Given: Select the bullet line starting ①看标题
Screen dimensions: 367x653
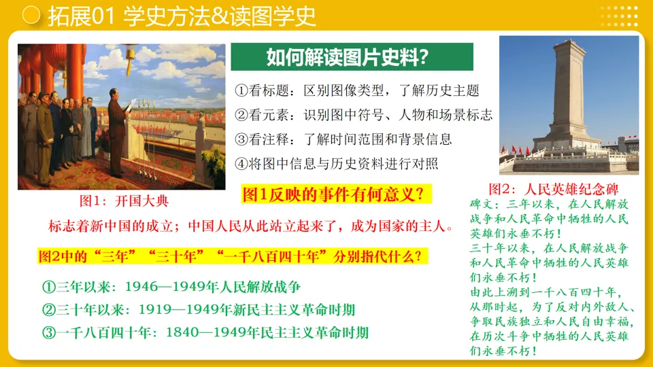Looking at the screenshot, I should (x=357, y=90).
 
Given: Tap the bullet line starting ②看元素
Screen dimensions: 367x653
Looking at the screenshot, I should (x=364, y=115).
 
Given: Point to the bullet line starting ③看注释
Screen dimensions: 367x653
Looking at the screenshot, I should (x=344, y=139).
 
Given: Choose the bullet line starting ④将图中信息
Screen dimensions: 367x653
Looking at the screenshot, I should (x=337, y=164).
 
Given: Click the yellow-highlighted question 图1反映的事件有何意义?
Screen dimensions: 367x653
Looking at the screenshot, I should (x=337, y=195).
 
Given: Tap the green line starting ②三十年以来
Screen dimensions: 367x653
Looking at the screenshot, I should (x=198, y=310).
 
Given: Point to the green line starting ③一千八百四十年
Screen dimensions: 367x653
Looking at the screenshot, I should (x=205, y=332).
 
